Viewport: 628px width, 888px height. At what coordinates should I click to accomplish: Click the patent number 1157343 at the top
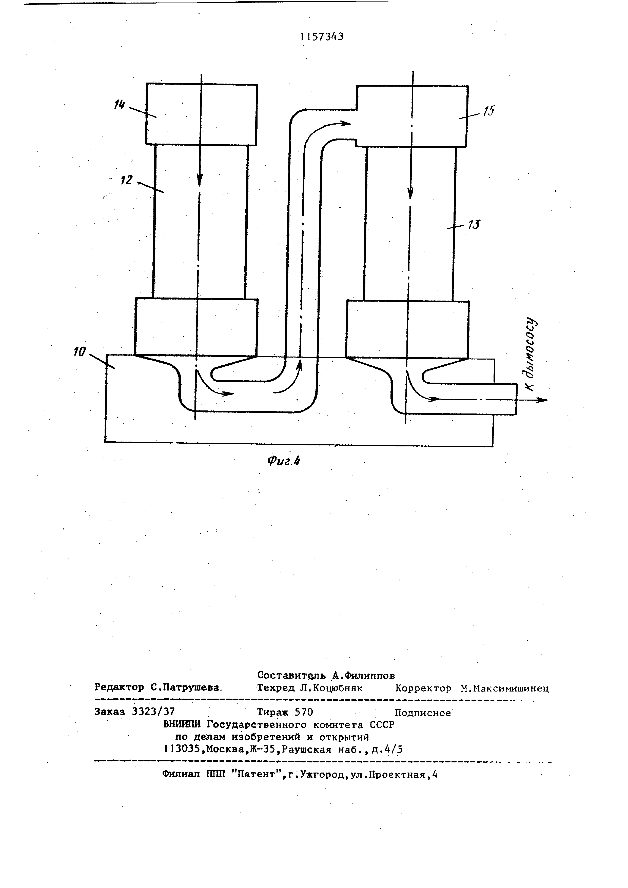click(322, 37)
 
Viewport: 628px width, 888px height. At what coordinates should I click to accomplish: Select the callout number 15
click(488, 111)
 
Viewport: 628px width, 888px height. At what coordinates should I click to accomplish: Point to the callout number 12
click(126, 180)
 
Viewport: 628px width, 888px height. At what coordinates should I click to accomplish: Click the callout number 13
click(474, 224)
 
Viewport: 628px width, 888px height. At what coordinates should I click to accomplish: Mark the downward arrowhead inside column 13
click(411, 193)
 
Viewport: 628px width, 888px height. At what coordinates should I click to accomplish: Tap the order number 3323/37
click(153, 711)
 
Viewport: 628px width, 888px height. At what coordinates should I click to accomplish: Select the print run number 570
click(304, 712)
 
